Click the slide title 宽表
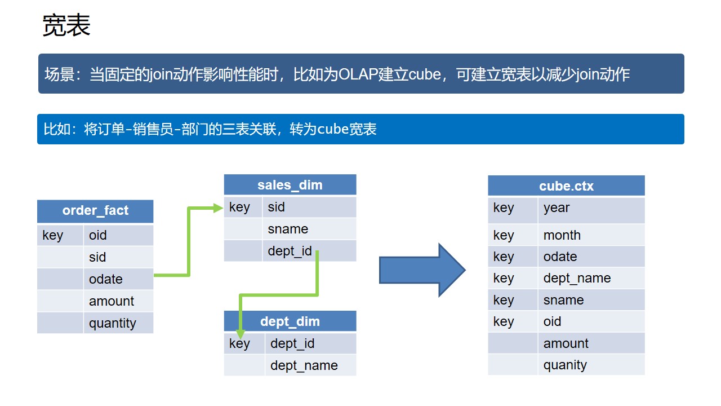pyautogui.click(x=66, y=26)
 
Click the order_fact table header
pyautogui.click(x=95, y=211)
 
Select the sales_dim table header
pyautogui.click(x=290, y=185)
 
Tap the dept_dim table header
pyautogui.click(x=290, y=321)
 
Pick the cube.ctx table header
pyautogui.click(x=566, y=186)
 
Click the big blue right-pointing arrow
pyautogui.click(x=422, y=270)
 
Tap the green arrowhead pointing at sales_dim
pyautogui.click(x=219, y=208)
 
